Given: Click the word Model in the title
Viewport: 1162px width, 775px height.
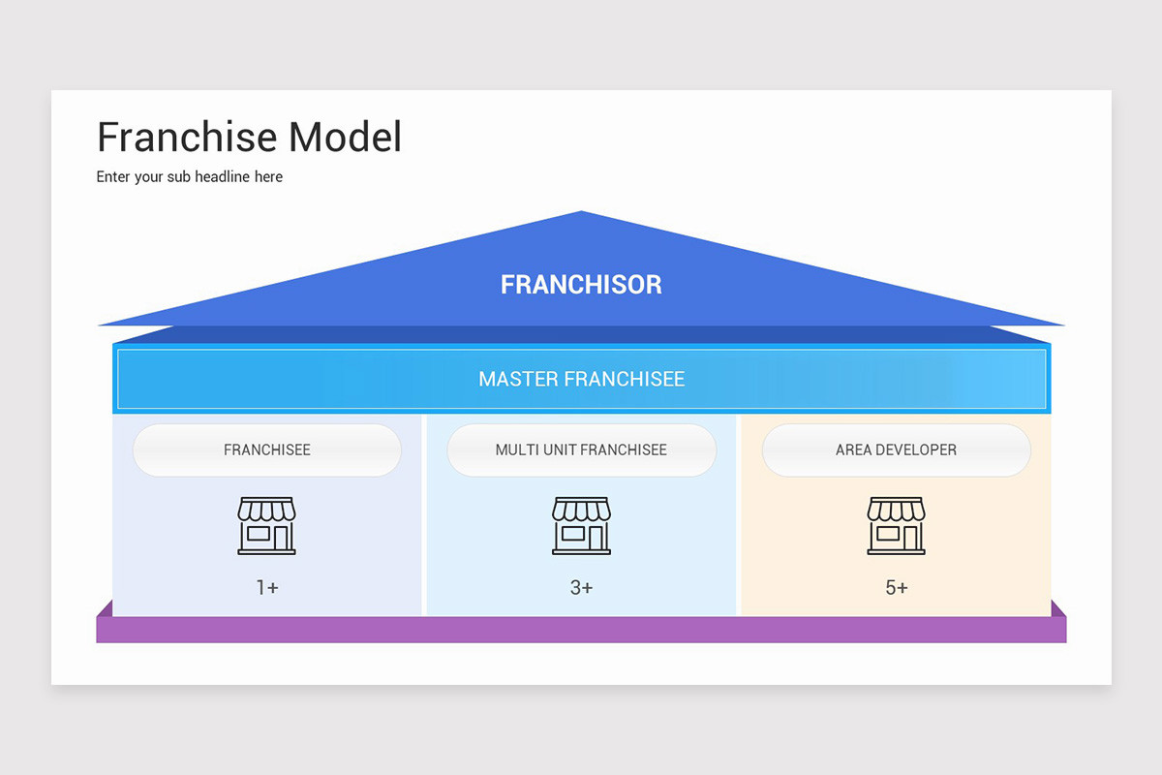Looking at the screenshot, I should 345,138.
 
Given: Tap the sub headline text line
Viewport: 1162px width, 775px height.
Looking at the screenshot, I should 190,177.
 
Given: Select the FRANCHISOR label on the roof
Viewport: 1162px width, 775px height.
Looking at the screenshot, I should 581,285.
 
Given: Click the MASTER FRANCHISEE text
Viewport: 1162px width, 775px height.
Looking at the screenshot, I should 581,379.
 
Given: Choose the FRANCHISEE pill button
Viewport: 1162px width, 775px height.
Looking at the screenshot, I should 267,450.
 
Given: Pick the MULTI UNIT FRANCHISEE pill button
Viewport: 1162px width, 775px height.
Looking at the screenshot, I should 581,450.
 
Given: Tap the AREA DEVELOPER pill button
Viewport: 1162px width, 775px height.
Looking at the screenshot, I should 896,450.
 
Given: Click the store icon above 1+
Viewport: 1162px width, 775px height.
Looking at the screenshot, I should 267,525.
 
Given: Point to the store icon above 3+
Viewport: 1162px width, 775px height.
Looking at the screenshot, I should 581,525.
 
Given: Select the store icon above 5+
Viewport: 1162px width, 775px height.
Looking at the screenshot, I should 896,525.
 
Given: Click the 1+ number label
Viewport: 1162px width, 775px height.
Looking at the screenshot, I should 267,588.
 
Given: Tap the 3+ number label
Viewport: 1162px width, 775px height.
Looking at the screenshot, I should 581,588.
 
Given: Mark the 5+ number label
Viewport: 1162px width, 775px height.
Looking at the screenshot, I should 896,588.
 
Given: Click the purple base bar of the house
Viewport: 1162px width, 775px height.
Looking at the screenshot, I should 581,630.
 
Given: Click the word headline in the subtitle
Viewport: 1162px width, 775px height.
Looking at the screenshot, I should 224,177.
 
